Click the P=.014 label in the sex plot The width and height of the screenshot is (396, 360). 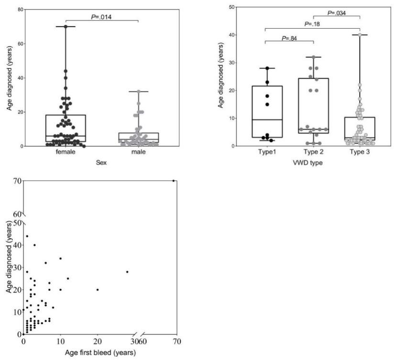(101, 17)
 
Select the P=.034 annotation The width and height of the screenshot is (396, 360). (338, 13)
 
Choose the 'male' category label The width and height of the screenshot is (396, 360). (138, 153)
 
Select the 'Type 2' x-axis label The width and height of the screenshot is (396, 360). (313, 152)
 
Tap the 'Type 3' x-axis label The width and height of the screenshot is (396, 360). (360, 152)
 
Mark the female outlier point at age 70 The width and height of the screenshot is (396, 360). (66, 26)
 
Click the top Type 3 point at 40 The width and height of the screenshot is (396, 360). (360, 35)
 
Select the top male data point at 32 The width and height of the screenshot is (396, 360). (138, 91)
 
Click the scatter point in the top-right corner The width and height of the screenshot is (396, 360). (173, 181)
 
